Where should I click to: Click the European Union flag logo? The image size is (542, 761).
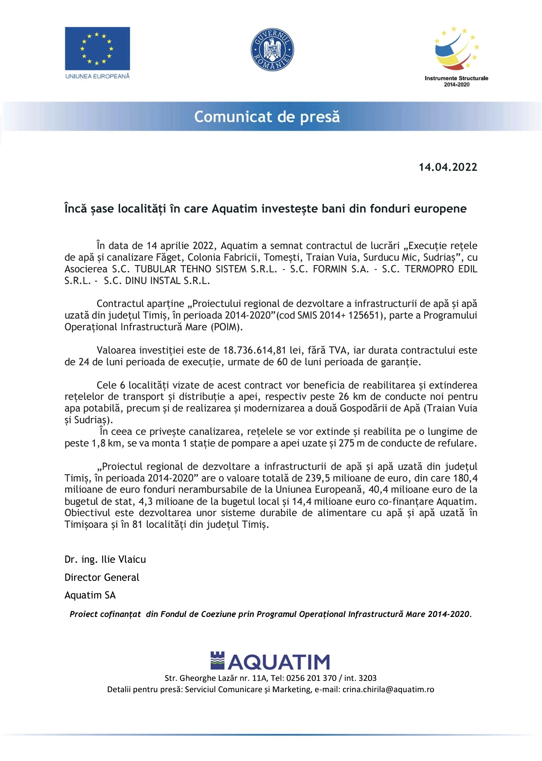97,48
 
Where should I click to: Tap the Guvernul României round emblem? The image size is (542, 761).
272,49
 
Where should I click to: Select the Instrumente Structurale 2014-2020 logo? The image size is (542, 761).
456,56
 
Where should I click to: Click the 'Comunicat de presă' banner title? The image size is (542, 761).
267,117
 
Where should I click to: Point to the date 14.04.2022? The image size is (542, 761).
448,167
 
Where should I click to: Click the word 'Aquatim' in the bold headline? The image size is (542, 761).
234,208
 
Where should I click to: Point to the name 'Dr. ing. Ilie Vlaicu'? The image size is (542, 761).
105,559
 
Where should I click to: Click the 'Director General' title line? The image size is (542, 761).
102,577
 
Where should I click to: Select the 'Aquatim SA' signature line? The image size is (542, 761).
90,595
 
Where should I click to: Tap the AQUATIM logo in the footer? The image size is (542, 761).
270,662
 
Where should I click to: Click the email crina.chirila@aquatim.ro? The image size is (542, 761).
388,690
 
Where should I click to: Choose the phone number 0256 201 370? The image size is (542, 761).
311,678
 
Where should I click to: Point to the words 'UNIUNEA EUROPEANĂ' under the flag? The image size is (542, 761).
97,76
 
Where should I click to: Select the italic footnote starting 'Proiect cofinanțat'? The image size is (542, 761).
270,614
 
